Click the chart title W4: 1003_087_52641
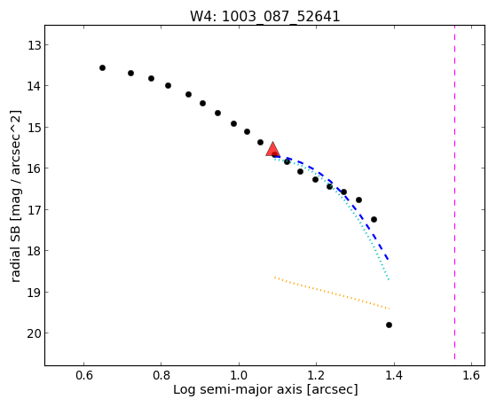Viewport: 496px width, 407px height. [264, 16]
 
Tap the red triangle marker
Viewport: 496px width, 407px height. [272, 150]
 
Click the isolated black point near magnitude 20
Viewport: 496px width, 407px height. [390, 325]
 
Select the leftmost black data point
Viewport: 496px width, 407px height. [102, 68]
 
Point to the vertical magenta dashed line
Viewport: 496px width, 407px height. [455, 192]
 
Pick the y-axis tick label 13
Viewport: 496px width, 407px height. [34, 45]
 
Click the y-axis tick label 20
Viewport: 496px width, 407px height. [34, 333]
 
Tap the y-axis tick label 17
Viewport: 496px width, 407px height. [34, 210]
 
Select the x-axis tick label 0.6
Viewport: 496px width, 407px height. [83, 375]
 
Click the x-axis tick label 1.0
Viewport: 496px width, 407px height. [239, 375]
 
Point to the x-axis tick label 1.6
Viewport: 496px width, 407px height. [472, 375]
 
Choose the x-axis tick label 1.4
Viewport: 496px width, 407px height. [394, 375]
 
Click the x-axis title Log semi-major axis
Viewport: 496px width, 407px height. [238, 389]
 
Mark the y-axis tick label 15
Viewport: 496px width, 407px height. [34, 128]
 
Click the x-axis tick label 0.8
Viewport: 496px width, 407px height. [161, 375]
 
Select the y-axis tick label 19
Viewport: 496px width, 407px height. [34, 293]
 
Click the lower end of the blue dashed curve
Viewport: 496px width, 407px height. [388, 259]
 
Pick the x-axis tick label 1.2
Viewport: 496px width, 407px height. [317, 375]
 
